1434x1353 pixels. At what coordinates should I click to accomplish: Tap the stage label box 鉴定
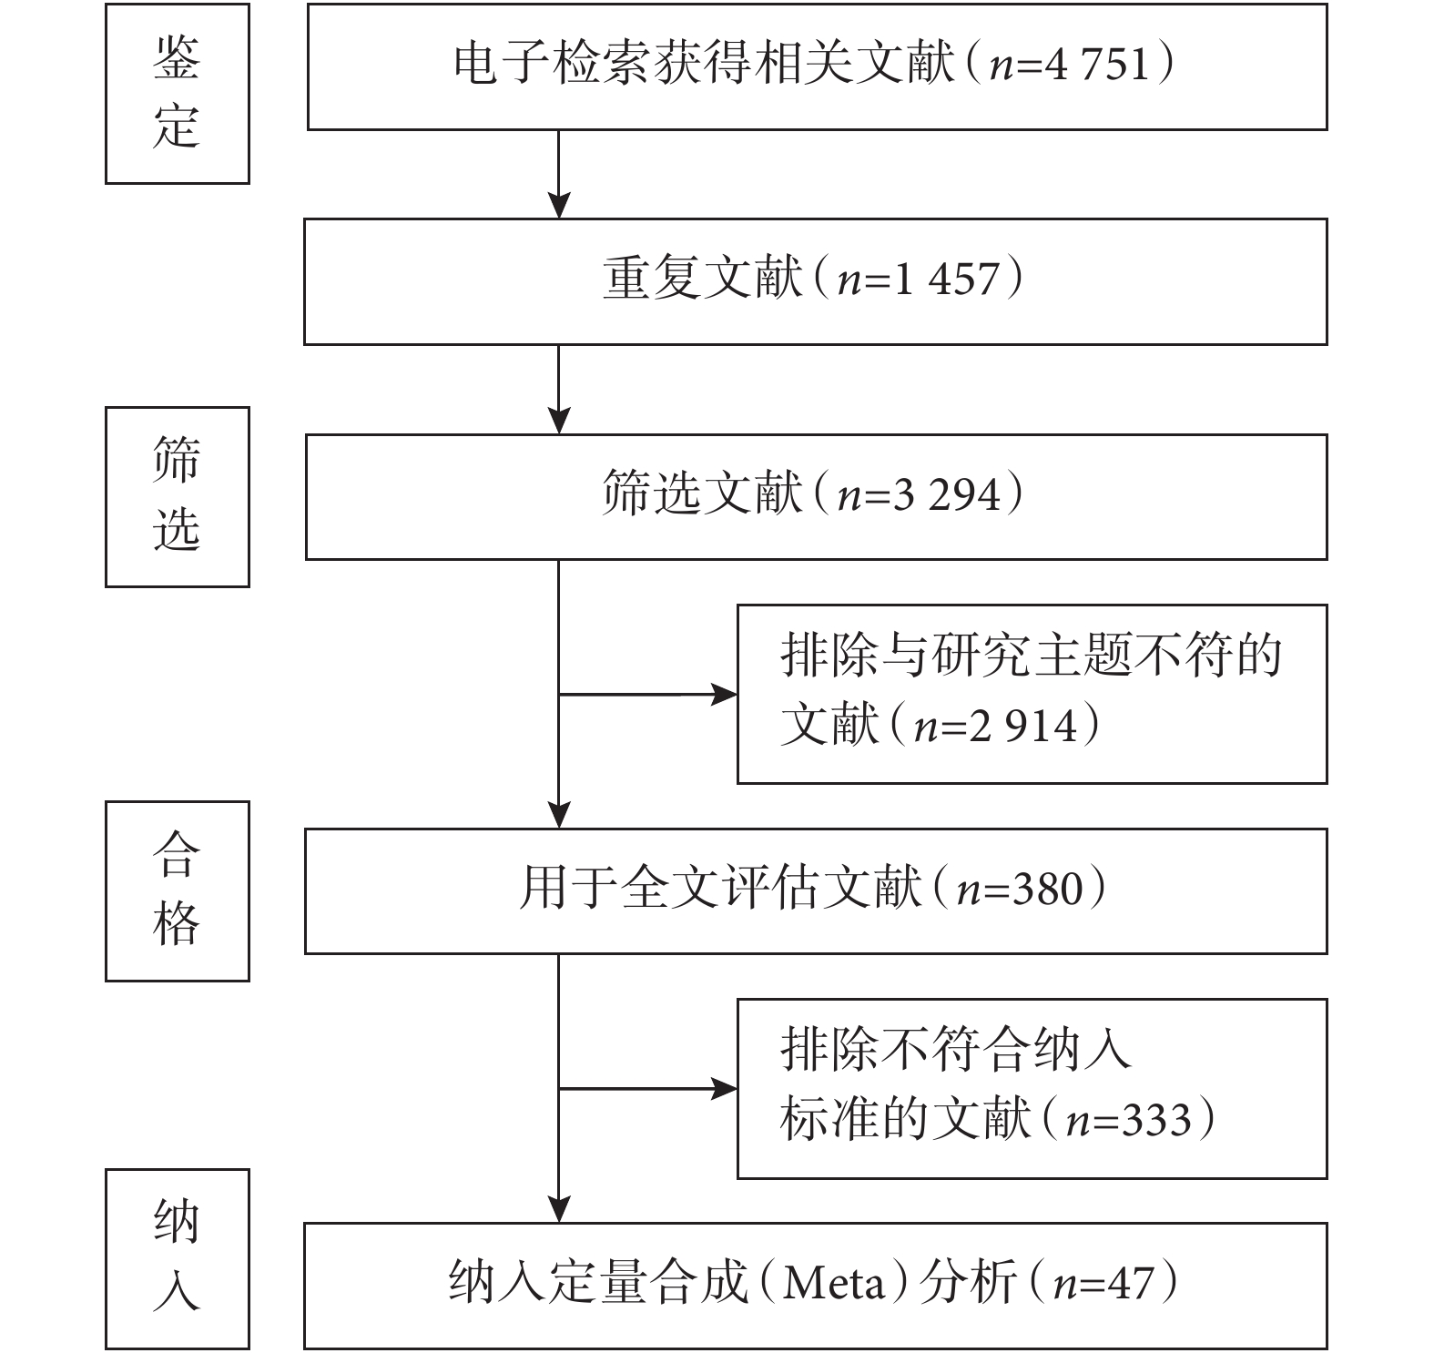pyautogui.click(x=178, y=94)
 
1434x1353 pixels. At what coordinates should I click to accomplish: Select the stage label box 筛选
pyautogui.click(x=178, y=497)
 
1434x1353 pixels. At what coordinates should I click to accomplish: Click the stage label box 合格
pyautogui.click(x=178, y=891)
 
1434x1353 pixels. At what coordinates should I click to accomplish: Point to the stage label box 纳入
pyautogui.click(x=178, y=1259)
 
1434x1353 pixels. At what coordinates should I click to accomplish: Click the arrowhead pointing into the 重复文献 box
pyautogui.click(x=558, y=206)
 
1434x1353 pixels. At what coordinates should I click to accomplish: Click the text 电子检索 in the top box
pyautogui.click(x=553, y=66)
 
